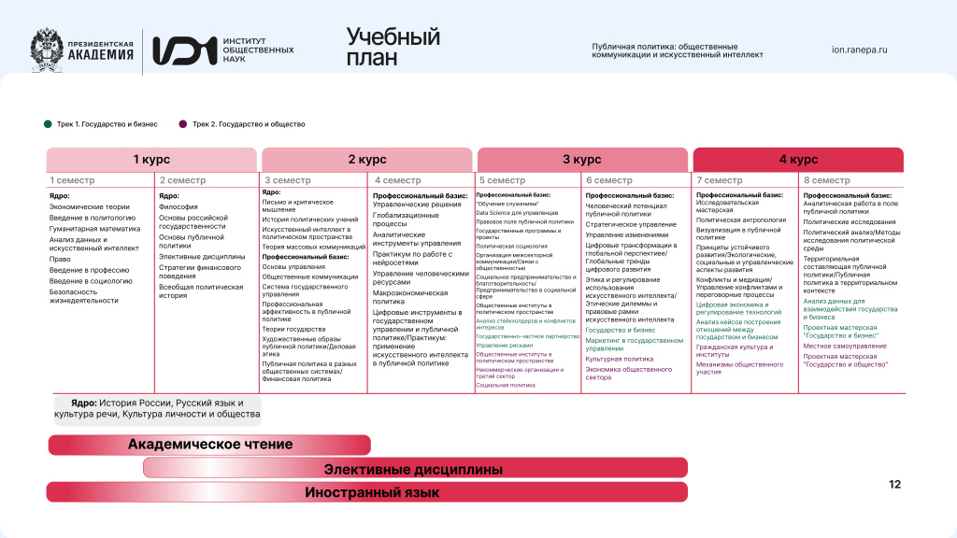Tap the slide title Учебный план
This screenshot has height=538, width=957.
coord(393,47)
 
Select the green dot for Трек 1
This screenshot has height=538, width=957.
coord(48,123)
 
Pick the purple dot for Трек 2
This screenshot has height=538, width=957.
coord(183,123)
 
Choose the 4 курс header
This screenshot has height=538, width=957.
coord(797,160)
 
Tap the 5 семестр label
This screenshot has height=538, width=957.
coord(502,180)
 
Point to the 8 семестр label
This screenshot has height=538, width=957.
coord(826,180)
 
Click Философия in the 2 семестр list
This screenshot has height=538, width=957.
coord(178,206)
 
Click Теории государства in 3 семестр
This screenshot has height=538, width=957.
coord(293,329)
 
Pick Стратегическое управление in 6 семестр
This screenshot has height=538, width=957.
coord(631,224)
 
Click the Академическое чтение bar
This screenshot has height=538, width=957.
coord(209,445)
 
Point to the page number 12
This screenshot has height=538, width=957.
coord(894,485)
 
